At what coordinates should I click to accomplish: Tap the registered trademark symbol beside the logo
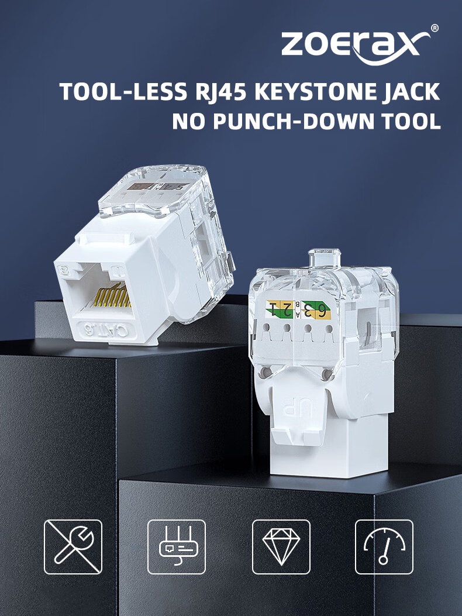pos(435,27)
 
